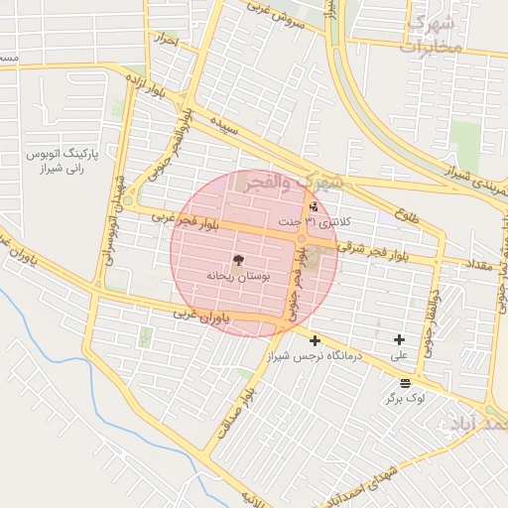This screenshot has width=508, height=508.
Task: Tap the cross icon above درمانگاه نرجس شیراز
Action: [316, 340]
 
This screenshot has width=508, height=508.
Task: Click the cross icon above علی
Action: [399, 340]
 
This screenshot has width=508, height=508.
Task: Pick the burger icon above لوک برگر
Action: [405, 383]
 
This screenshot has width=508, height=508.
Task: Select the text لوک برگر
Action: [405, 397]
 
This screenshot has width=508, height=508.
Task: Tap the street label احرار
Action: [166, 41]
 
